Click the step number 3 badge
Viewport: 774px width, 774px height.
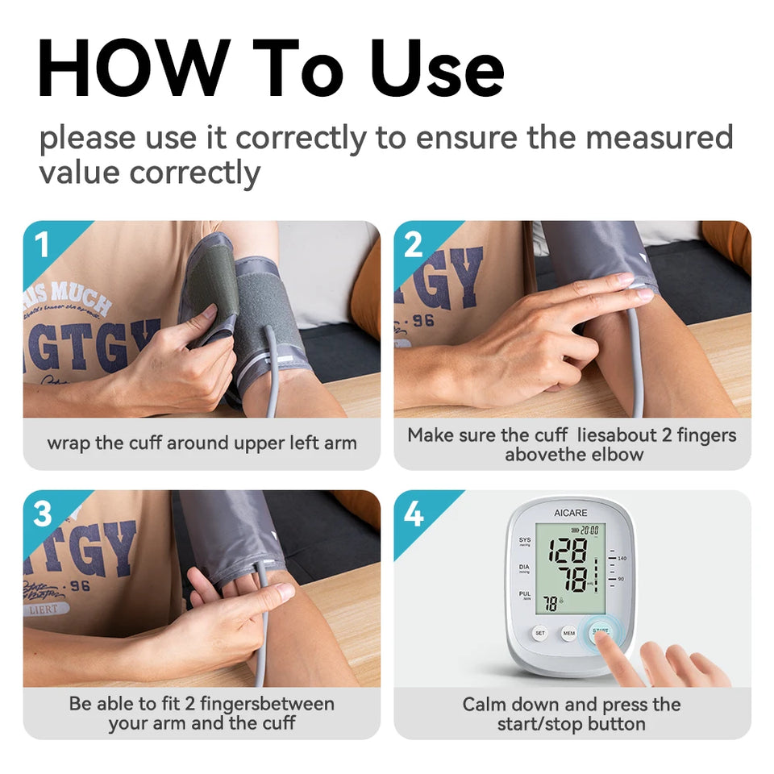pyautogui.click(x=43, y=514)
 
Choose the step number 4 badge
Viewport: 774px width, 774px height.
pyautogui.click(x=414, y=514)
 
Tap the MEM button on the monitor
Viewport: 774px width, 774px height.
pyautogui.click(x=569, y=634)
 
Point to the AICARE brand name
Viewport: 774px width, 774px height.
pyautogui.click(x=571, y=512)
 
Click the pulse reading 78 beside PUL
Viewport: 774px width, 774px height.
pyautogui.click(x=551, y=603)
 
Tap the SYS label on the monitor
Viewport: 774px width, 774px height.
pyautogui.click(x=525, y=540)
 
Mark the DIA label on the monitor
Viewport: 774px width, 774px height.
pyautogui.click(x=525, y=568)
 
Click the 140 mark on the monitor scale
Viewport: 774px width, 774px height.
pyautogui.click(x=622, y=558)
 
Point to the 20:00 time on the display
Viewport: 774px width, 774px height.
pyautogui.click(x=589, y=530)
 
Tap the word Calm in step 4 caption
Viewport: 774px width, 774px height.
pyautogui.click(x=485, y=704)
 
